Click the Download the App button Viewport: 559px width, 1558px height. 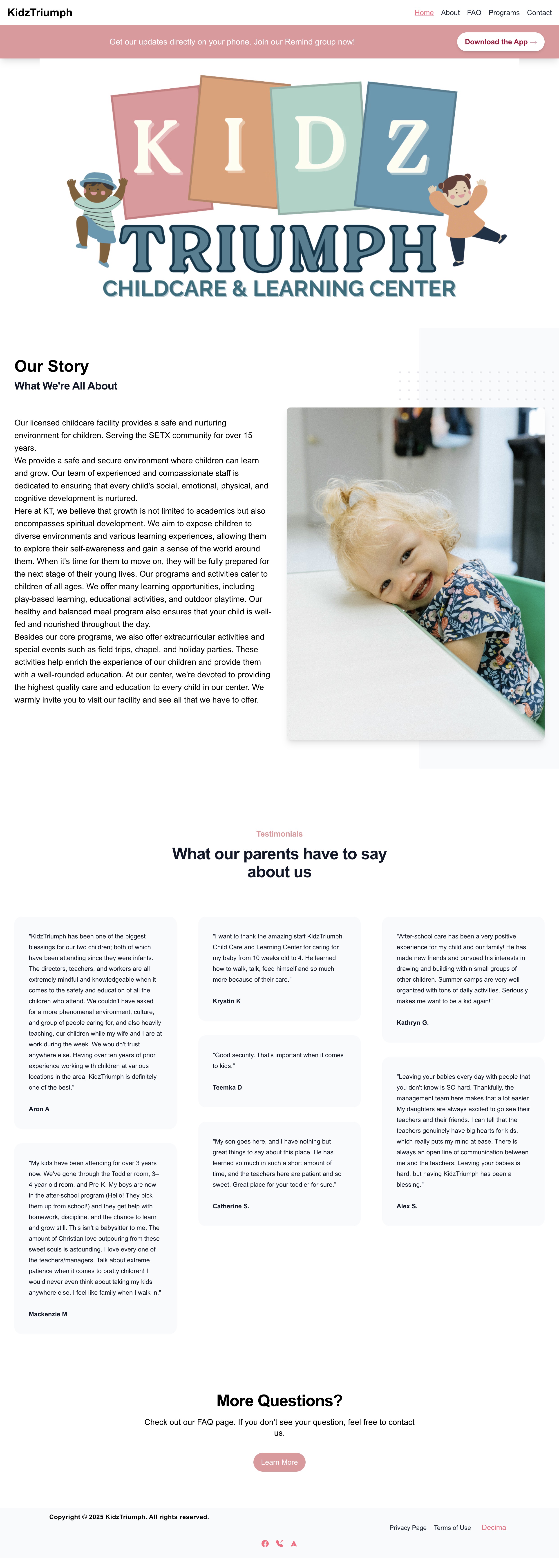pos(500,42)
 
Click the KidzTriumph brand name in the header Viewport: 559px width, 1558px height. pos(40,13)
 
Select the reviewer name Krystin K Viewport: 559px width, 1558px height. pos(226,1001)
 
